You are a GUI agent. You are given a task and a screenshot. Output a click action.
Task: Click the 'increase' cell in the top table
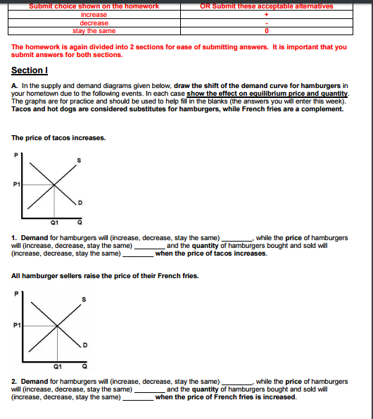(94, 14)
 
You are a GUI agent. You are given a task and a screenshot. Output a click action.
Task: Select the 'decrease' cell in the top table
(94, 23)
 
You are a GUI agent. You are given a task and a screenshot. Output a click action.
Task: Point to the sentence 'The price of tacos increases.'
(59, 137)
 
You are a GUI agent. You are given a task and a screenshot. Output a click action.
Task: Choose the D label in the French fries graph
(86, 344)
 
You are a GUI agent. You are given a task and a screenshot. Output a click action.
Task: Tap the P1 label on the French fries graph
(15, 325)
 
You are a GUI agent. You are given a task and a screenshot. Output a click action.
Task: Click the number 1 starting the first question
(14, 238)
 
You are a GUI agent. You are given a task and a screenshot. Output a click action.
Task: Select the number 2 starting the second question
(14, 381)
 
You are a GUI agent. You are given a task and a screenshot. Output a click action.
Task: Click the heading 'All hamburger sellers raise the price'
(106, 275)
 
